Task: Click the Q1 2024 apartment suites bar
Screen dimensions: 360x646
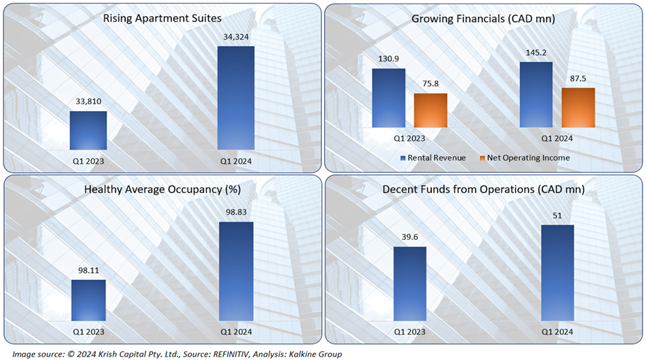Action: tap(236, 98)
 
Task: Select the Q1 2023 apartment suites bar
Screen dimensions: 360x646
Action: tap(88, 130)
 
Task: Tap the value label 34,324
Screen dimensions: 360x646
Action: tap(236, 37)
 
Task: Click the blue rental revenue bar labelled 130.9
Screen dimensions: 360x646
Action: tap(388, 98)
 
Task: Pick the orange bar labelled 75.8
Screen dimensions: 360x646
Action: tap(430, 110)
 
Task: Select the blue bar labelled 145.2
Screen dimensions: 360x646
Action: tap(536, 95)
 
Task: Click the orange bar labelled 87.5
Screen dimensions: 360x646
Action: tap(578, 107)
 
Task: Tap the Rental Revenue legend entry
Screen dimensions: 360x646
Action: tap(436, 158)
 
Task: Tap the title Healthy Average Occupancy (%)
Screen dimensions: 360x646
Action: tap(163, 189)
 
